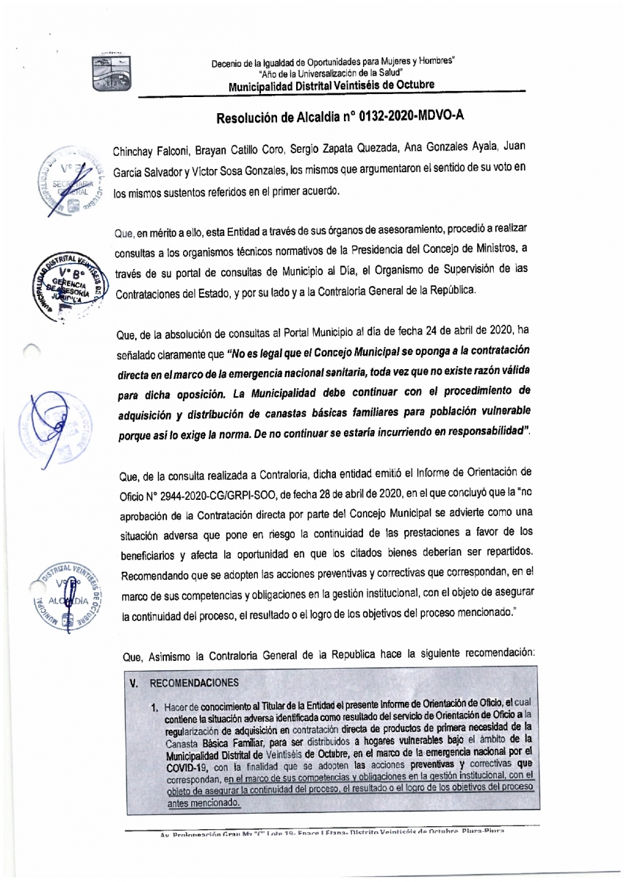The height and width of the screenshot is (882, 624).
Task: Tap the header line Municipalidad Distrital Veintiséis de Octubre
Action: [331, 85]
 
